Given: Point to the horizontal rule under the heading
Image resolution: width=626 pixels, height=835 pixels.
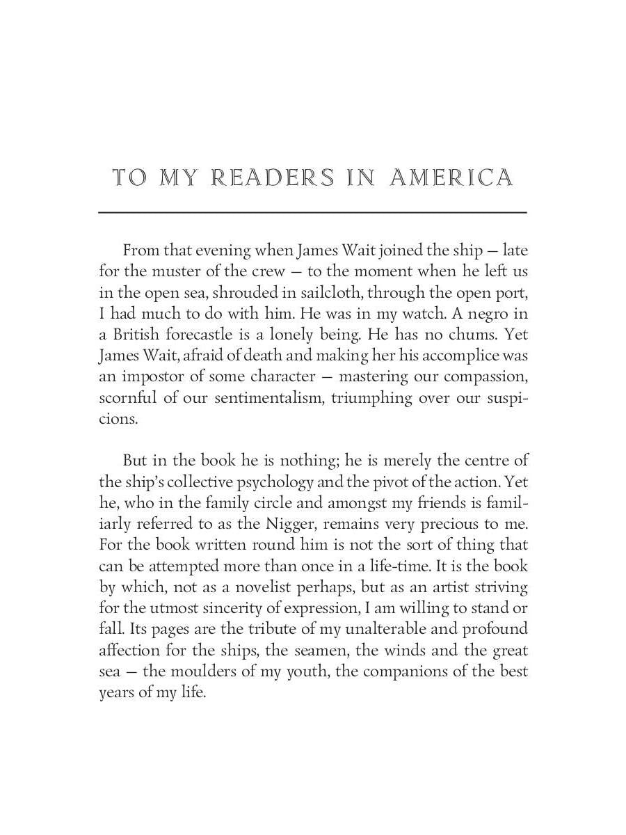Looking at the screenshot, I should coord(312,212).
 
